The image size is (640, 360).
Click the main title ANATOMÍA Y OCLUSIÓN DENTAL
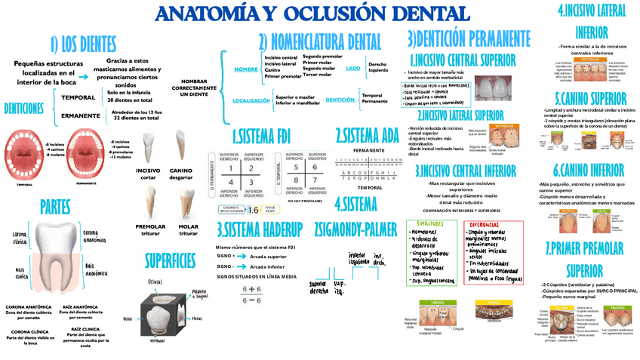pyautogui.click(x=311, y=14)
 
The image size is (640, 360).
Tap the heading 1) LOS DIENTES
pyautogui.click(x=85, y=43)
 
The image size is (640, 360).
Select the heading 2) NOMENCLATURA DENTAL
pyautogui.click(x=319, y=42)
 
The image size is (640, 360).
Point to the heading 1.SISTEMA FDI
pyautogui.click(x=261, y=137)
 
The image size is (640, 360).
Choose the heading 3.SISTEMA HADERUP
pyautogui.click(x=260, y=229)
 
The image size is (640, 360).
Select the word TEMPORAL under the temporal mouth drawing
pyautogui.click(x=24, y=183)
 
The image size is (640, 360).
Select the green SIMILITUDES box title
pyautogui.click(x=431, y=225)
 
